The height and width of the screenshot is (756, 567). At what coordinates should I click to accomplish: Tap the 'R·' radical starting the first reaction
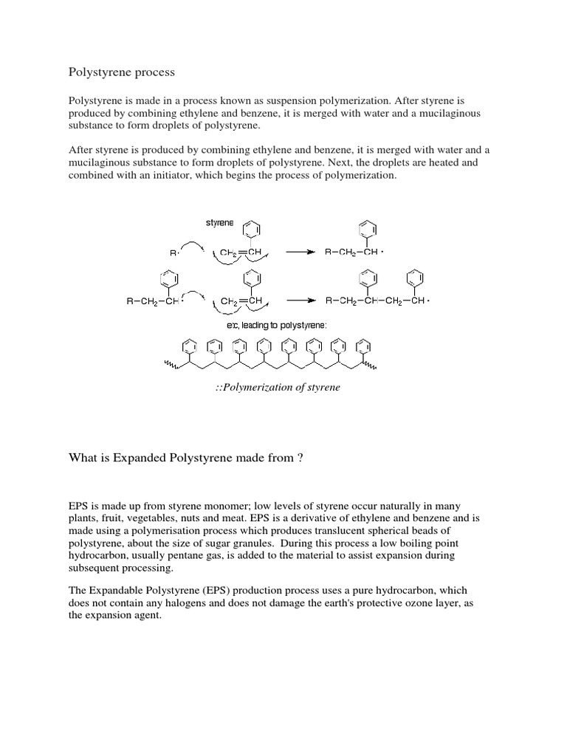pyautogui.click(x=175, y=252)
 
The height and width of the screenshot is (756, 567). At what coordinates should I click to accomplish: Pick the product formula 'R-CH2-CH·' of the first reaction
pyautogui.click(x=355, y=252)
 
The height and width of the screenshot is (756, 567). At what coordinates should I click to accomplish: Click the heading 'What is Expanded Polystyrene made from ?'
pyautogui.click(x=186, y=458)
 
